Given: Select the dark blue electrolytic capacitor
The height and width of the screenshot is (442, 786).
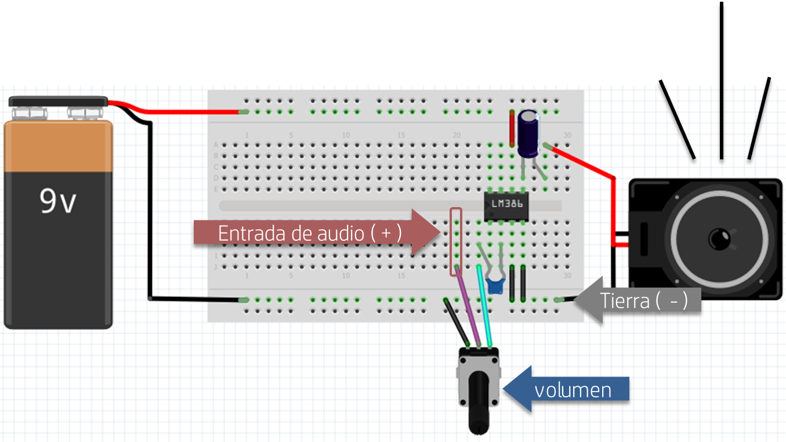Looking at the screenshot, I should [x=528, y=134].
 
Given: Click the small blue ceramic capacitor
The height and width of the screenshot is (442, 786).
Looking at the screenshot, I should [x=495, y=284].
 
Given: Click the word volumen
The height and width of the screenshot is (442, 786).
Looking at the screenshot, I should [x=573, y=390].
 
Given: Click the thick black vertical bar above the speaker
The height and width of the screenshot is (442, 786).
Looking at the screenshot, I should [x=721, y=44].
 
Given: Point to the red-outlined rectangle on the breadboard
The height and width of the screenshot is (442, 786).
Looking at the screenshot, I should [x=457, y=241].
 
